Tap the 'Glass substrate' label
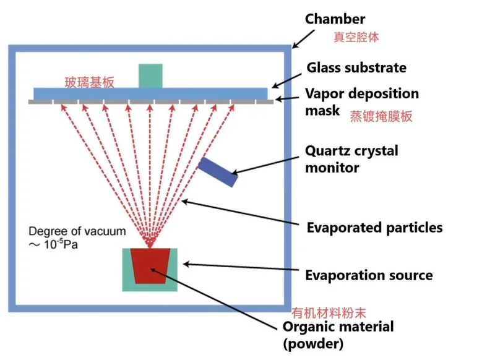356,67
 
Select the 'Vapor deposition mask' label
362,101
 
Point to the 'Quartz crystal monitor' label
352,158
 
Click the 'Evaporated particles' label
374,228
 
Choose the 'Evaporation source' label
369,275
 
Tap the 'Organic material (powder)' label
338,334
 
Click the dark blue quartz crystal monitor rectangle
218,171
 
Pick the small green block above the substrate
150,75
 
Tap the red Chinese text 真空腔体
356,37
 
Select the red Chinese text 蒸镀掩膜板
381,116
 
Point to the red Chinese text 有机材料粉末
333,313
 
